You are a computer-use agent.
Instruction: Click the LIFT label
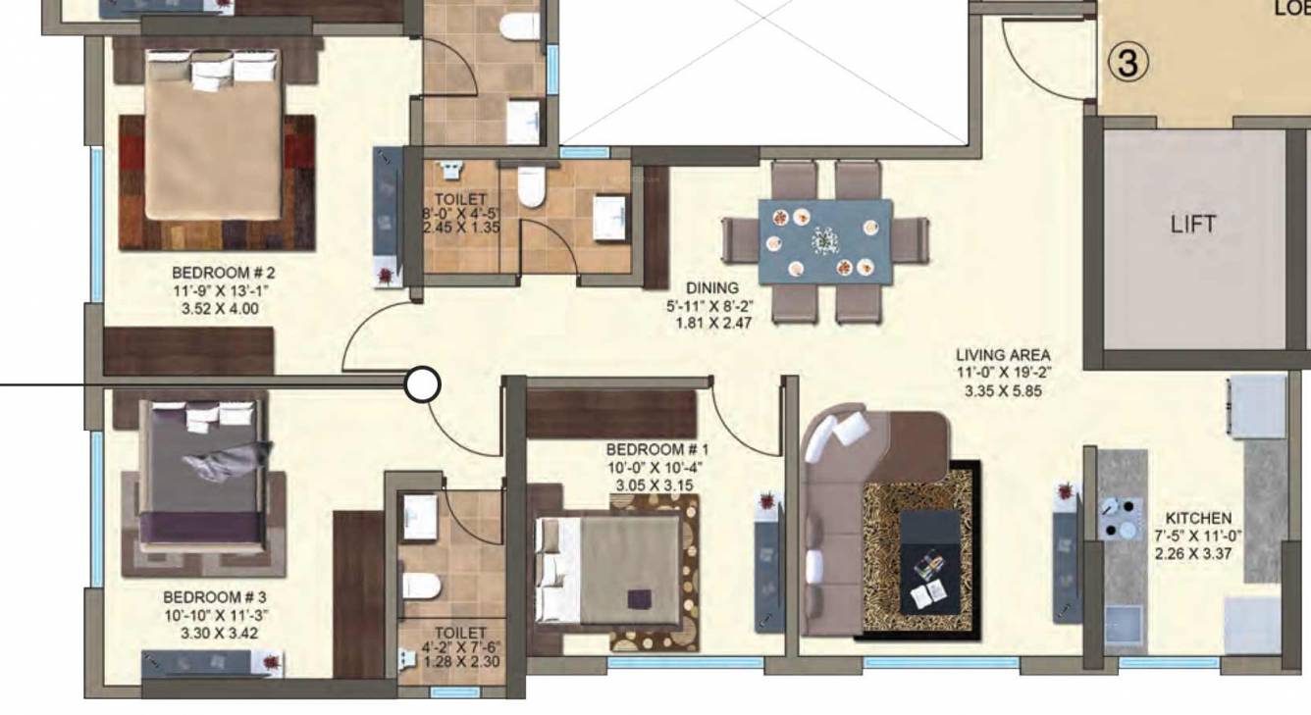(1193, 224)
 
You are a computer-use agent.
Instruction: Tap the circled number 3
(1128, 63)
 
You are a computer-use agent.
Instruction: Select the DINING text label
(712, 287)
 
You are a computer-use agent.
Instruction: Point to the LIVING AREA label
(1003, 355)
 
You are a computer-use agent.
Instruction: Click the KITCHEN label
(1198, 518)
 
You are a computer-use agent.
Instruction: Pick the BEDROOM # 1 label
(657, 449)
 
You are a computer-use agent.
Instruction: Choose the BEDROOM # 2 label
(217, 272)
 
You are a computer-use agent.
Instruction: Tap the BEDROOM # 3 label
(215, 596)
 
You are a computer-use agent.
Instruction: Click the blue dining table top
(825, 241)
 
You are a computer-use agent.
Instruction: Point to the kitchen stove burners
(1120, 519)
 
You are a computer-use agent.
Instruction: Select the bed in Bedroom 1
(608, 570)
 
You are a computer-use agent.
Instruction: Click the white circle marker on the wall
(423, 384)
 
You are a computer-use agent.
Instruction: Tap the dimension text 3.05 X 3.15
(655, 485)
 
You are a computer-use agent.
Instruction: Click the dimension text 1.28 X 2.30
(460, 662)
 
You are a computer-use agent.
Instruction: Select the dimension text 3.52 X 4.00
(220, 308)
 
